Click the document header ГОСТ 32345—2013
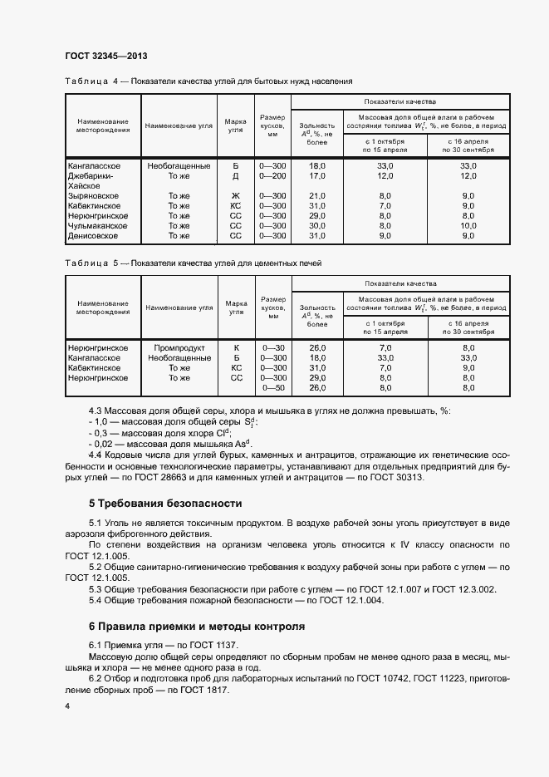point(105,56)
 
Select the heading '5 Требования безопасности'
point(165,504)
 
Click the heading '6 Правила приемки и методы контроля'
point(196,626)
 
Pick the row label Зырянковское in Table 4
point(94,195)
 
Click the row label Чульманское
point(97,225)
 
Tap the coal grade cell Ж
point(235,195)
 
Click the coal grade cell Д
point(235,176)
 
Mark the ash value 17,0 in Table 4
point(317,176)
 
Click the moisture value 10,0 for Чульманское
point(468,225)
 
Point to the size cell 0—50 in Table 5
point(273,387)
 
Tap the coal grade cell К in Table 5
point(236,347)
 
